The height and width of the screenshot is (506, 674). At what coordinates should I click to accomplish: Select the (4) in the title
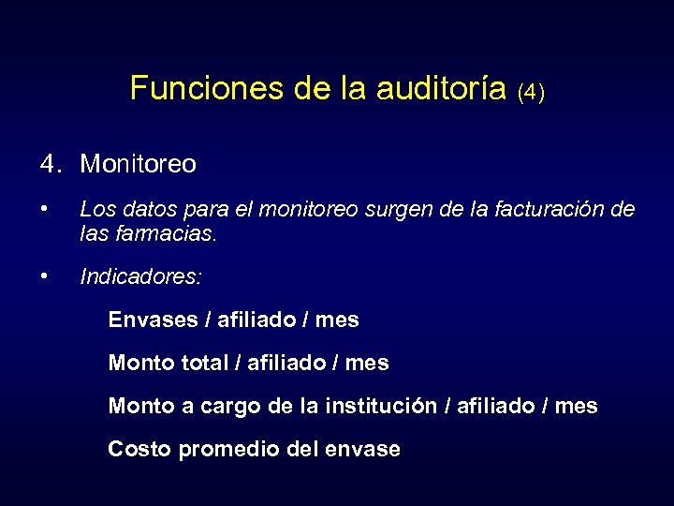point(530,92)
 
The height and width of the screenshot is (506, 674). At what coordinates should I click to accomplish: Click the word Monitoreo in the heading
point(139,164)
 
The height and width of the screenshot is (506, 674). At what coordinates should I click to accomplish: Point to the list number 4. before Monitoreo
point(51,164)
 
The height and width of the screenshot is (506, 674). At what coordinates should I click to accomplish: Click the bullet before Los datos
point(45,208)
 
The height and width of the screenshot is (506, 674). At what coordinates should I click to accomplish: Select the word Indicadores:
point(140,277)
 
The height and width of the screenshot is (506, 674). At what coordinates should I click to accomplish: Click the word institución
point(381,406)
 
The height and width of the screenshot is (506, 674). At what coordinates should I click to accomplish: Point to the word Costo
point(139,449)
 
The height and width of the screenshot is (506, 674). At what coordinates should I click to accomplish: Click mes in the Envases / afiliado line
point(337,320)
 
